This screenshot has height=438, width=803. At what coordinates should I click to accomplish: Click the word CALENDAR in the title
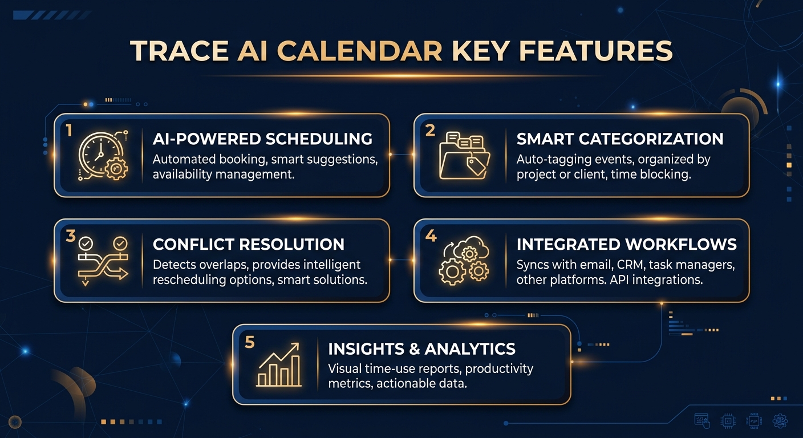point(359,51)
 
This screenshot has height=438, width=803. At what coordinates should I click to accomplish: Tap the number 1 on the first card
point(69,131)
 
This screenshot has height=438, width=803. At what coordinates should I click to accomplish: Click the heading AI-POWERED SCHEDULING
point(262,139)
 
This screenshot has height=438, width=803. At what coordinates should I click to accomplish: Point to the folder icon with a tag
point(464,155)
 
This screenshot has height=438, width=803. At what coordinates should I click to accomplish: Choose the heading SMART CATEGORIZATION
point(620,139)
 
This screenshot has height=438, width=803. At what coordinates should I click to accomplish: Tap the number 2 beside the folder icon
point(430,131)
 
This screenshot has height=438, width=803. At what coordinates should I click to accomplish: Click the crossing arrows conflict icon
point(103,261)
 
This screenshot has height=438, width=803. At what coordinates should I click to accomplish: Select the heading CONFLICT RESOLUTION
point(249,245)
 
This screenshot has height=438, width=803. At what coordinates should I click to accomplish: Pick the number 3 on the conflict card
point(71,236)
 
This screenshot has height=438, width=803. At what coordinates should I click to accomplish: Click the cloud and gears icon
point(464,260)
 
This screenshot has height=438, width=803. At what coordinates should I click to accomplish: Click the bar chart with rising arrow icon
point(279,365)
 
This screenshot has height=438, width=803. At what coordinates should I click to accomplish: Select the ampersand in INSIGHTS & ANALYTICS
point(414,349)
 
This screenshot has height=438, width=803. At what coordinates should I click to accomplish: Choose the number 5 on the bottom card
point(249,342)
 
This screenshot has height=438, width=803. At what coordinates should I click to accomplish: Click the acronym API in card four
point(619,280)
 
